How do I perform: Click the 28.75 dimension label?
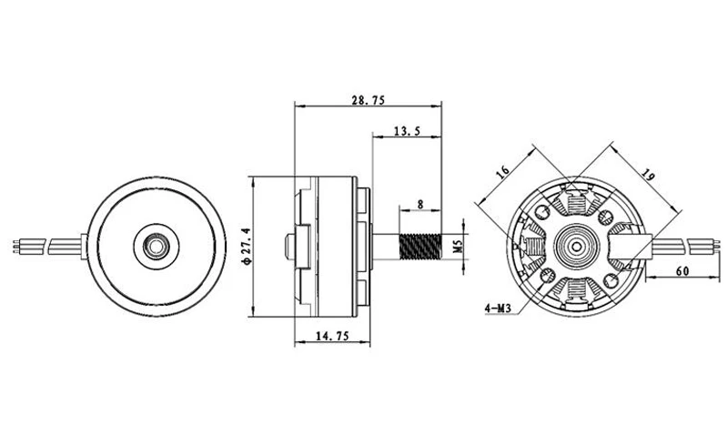369,100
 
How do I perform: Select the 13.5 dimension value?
407,131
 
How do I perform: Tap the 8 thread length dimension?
420,205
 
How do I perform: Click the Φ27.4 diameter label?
246,247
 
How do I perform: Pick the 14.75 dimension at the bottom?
332,336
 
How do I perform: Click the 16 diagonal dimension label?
502,171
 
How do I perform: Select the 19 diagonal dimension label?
649,175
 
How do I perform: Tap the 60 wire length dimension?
682,271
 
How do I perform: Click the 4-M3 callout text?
498,308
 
